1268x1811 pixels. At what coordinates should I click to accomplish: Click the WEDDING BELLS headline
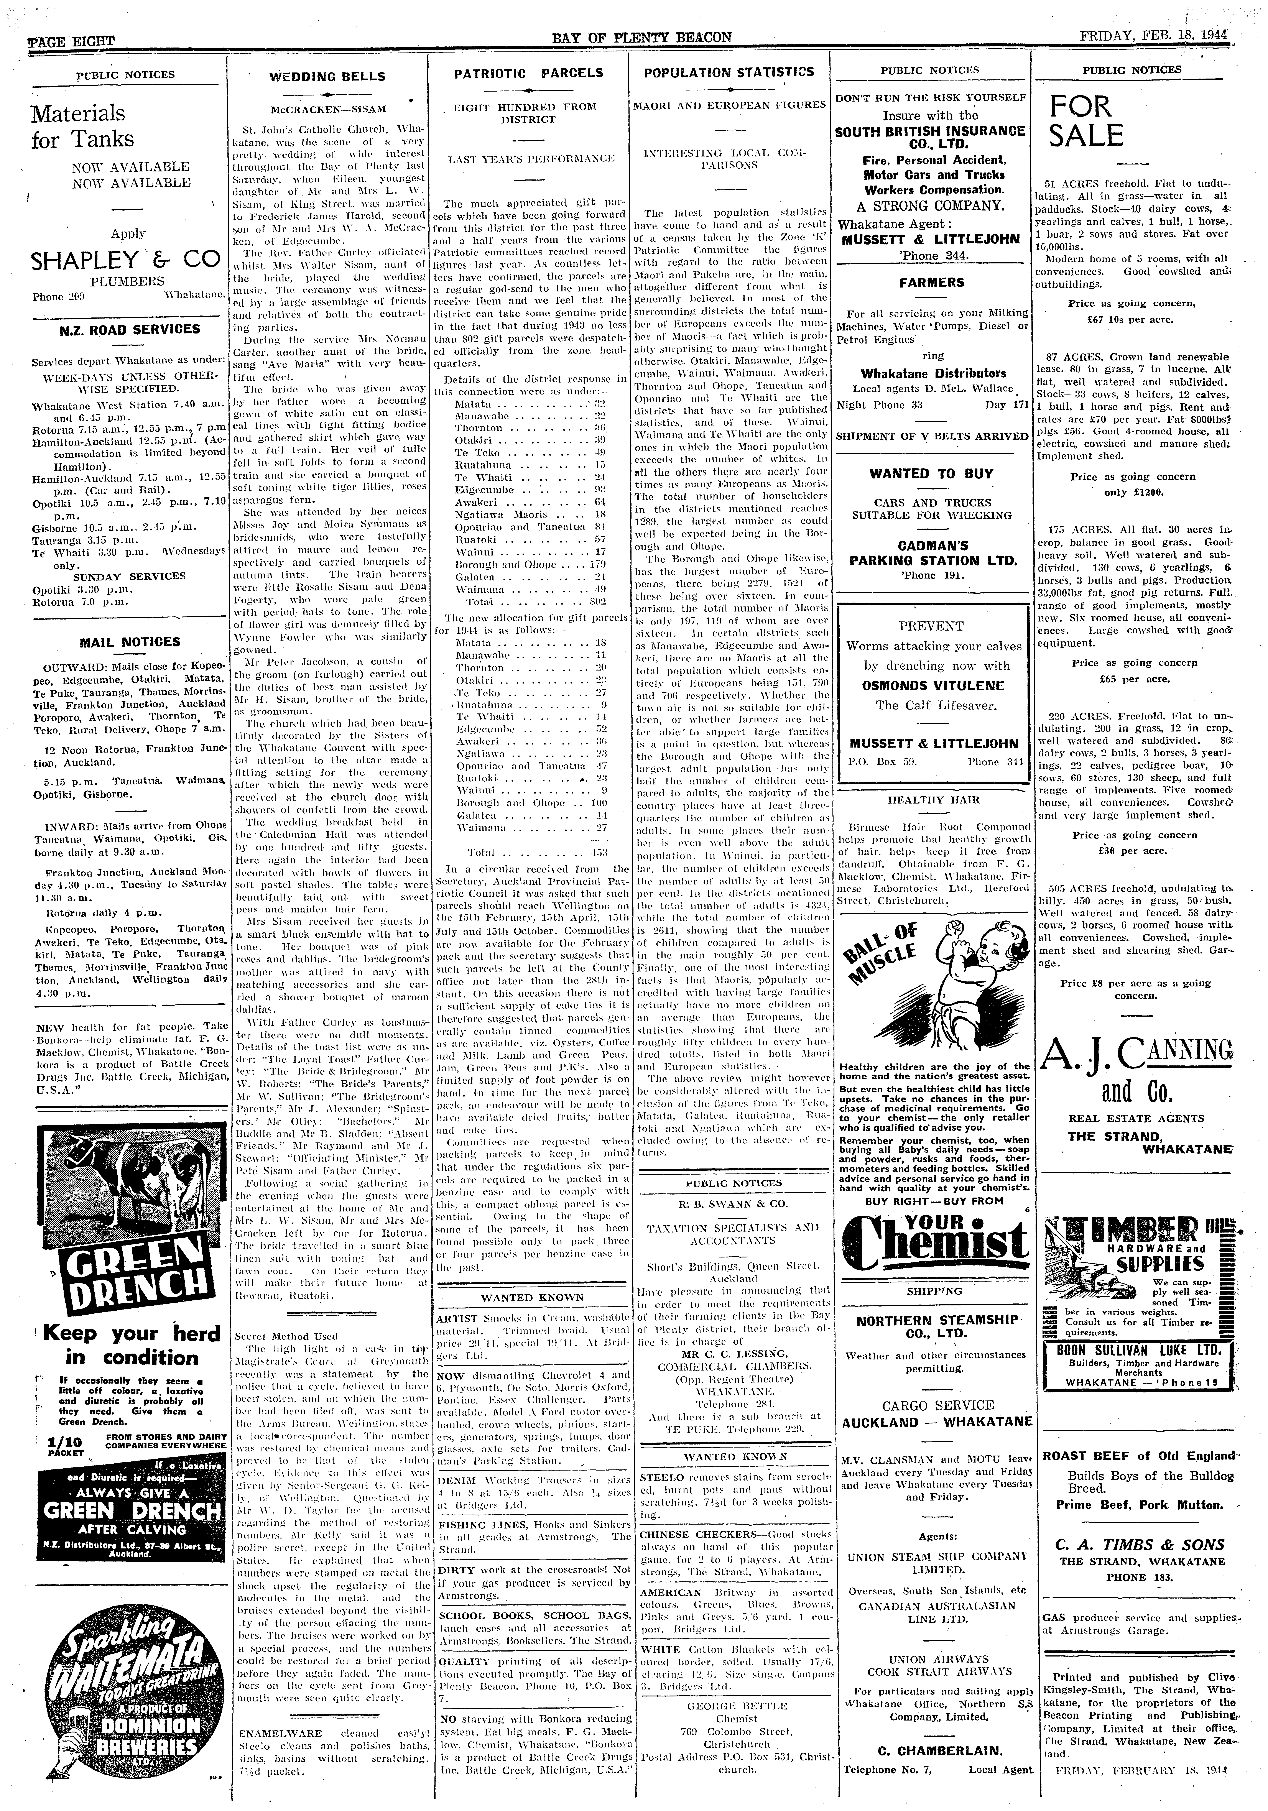tap(327, 77)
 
